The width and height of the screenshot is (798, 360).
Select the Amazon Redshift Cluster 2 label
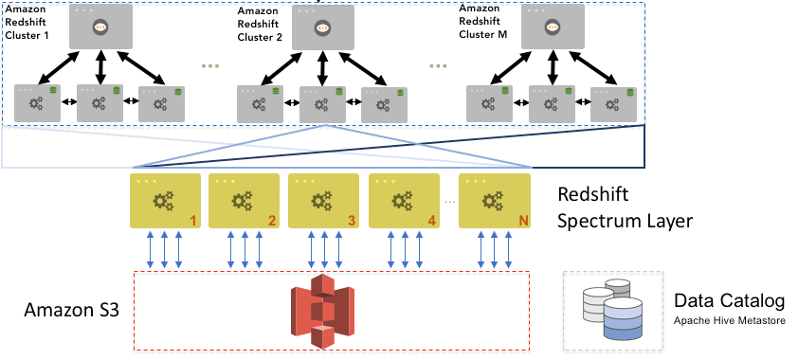point(260,24)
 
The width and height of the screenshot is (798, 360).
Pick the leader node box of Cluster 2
point(323,27)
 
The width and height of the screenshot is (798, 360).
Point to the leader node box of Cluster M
point(550,27)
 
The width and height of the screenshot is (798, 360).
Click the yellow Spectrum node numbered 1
point(165,201)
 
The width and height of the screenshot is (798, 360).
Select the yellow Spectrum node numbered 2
point(244,201)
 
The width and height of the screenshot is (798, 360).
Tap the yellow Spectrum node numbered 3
point(323,201)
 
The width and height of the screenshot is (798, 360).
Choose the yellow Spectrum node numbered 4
point(404,201)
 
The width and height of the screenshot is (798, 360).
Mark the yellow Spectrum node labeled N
point(494,201)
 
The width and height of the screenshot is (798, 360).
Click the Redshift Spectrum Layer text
point(625,209)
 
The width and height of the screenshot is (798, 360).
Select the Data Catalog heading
point(729,302)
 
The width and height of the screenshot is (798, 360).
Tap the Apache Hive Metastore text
point(729,321)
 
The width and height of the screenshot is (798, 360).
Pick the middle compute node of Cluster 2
point(323,102)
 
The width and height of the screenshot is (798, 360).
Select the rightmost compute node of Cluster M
point(612,102)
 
